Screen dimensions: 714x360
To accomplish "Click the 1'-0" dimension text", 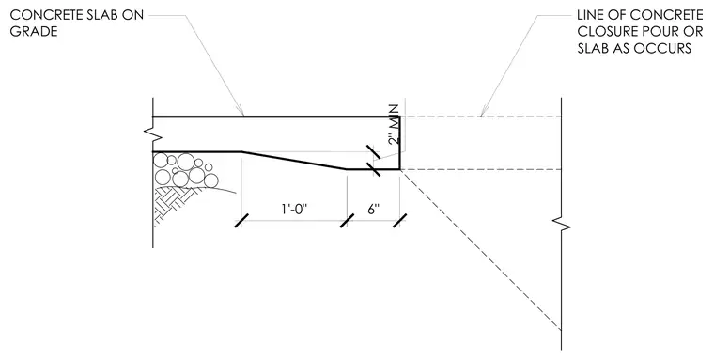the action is [x=294, y=210].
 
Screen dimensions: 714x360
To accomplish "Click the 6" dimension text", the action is [x=373, y=210].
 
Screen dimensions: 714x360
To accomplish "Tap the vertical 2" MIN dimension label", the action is [x=395, y=125].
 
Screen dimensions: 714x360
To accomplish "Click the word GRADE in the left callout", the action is [x=34, y=31].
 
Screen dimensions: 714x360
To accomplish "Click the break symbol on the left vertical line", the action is [x=150, y=133].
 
